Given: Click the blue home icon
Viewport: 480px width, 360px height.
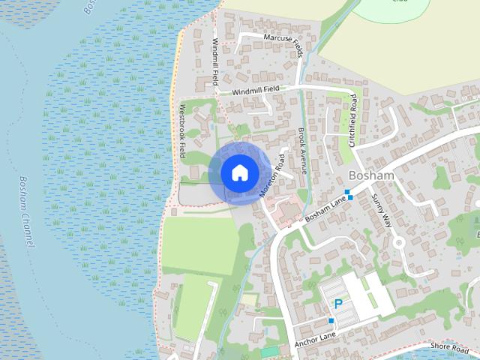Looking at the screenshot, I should pyautogui.click(x=238, y=172).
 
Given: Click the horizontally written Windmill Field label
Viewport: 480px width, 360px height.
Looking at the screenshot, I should pyautogui.click(x=255, y=89).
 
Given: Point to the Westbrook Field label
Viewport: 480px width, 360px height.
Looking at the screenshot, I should pyautogui.click(x=181, y=131).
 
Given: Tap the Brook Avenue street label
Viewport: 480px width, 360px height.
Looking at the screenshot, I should pyautogui.click(x=302, y=150).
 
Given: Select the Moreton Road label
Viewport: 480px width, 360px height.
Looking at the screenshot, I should pyautogui.click(x=271, y=175).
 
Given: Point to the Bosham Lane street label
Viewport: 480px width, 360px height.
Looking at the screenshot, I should pyautogui.click(x=325, y=208).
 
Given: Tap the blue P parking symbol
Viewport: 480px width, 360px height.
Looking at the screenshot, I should pyautogui.click(x=338, y=304).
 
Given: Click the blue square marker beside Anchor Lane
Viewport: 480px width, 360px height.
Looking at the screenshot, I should pyautogui.click(x=331, y=321).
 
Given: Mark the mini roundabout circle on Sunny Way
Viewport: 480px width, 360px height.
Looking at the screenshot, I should pyautogui.click(x=399, y=242).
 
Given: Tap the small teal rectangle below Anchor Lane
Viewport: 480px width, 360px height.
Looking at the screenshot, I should pyautogui.click(x=268, y=352).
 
